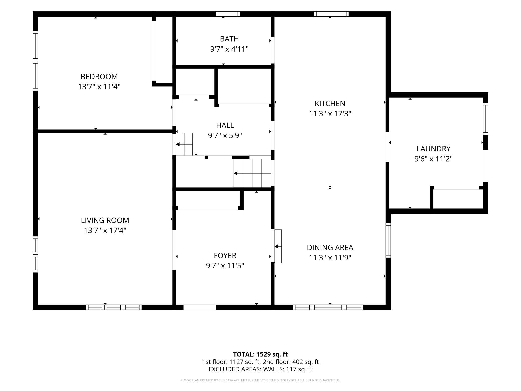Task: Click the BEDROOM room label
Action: click(x=99, y=76)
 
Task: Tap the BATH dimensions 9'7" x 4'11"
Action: click(x=229, y=49)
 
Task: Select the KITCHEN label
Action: click(x=330, y=103)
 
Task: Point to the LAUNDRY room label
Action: click(x=433, y=149)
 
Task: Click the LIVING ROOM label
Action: click(x=105, y=220)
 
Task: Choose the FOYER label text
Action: click(x=225, y=255)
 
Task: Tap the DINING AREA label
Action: click(x=330, y=247)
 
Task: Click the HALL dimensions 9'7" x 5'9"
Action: click(x=225, y=136)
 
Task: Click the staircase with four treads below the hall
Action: click(x=252, y=173)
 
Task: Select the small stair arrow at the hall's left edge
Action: click(x=181, y=144)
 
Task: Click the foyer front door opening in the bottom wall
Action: click(x=199, y=307)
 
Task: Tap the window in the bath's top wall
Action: click(x=228, y=14)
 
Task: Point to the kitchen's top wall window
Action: click(x=331, y=14)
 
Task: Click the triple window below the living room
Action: click(x=114, y=307)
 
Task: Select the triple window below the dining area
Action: click(x=328, y=307)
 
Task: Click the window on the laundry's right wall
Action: click(x=486, y=119)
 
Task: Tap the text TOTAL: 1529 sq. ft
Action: click(x=260, y=354)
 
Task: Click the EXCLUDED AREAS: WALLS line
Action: click(x=260, y=369)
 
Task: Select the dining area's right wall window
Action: click(x=388, y=240)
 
